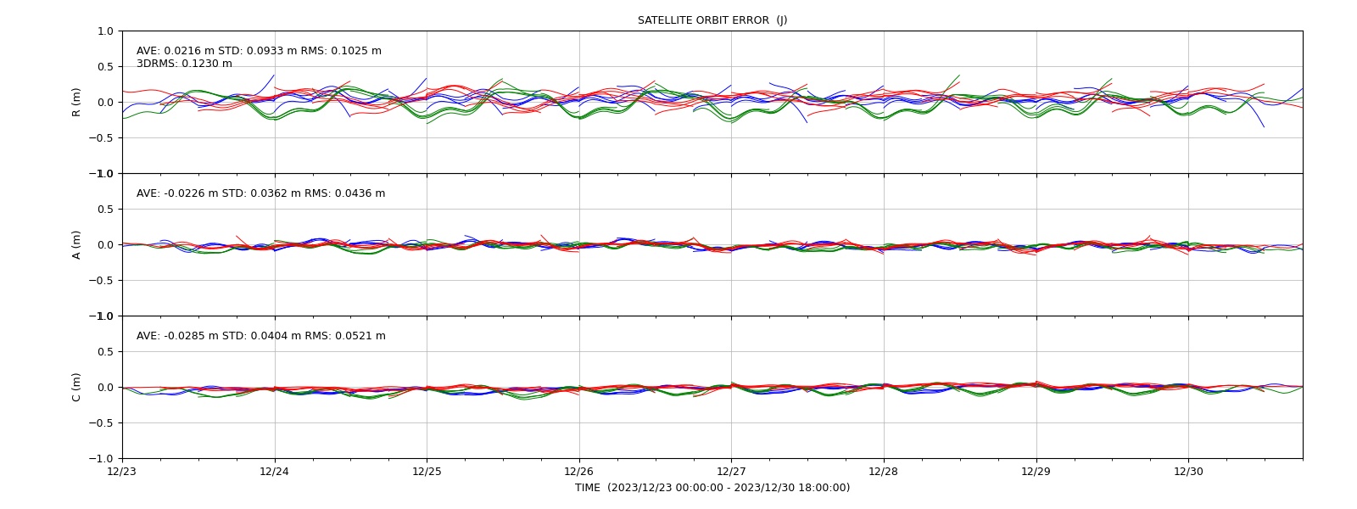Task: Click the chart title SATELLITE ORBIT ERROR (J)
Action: (x=712, y=20)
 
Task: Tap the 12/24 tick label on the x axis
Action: (x=275, y=472)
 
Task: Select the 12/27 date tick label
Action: (x=731, y=472)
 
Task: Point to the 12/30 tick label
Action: (x=1188, y=472)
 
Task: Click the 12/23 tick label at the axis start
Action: (x=122, y=472)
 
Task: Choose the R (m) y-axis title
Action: (x=75, y=103)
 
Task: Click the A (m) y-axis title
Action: (x=75, y=245)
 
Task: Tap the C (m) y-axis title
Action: (x=75, y=387)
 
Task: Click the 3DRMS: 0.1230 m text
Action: (x=184, y=64)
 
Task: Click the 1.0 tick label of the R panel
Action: (x=105, y=31)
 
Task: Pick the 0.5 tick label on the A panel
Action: (x=105, y=209)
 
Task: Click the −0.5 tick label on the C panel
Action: (x=101, y=423)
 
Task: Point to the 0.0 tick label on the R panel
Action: (x=105, y=103)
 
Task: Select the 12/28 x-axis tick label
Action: (x=883, y=472)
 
